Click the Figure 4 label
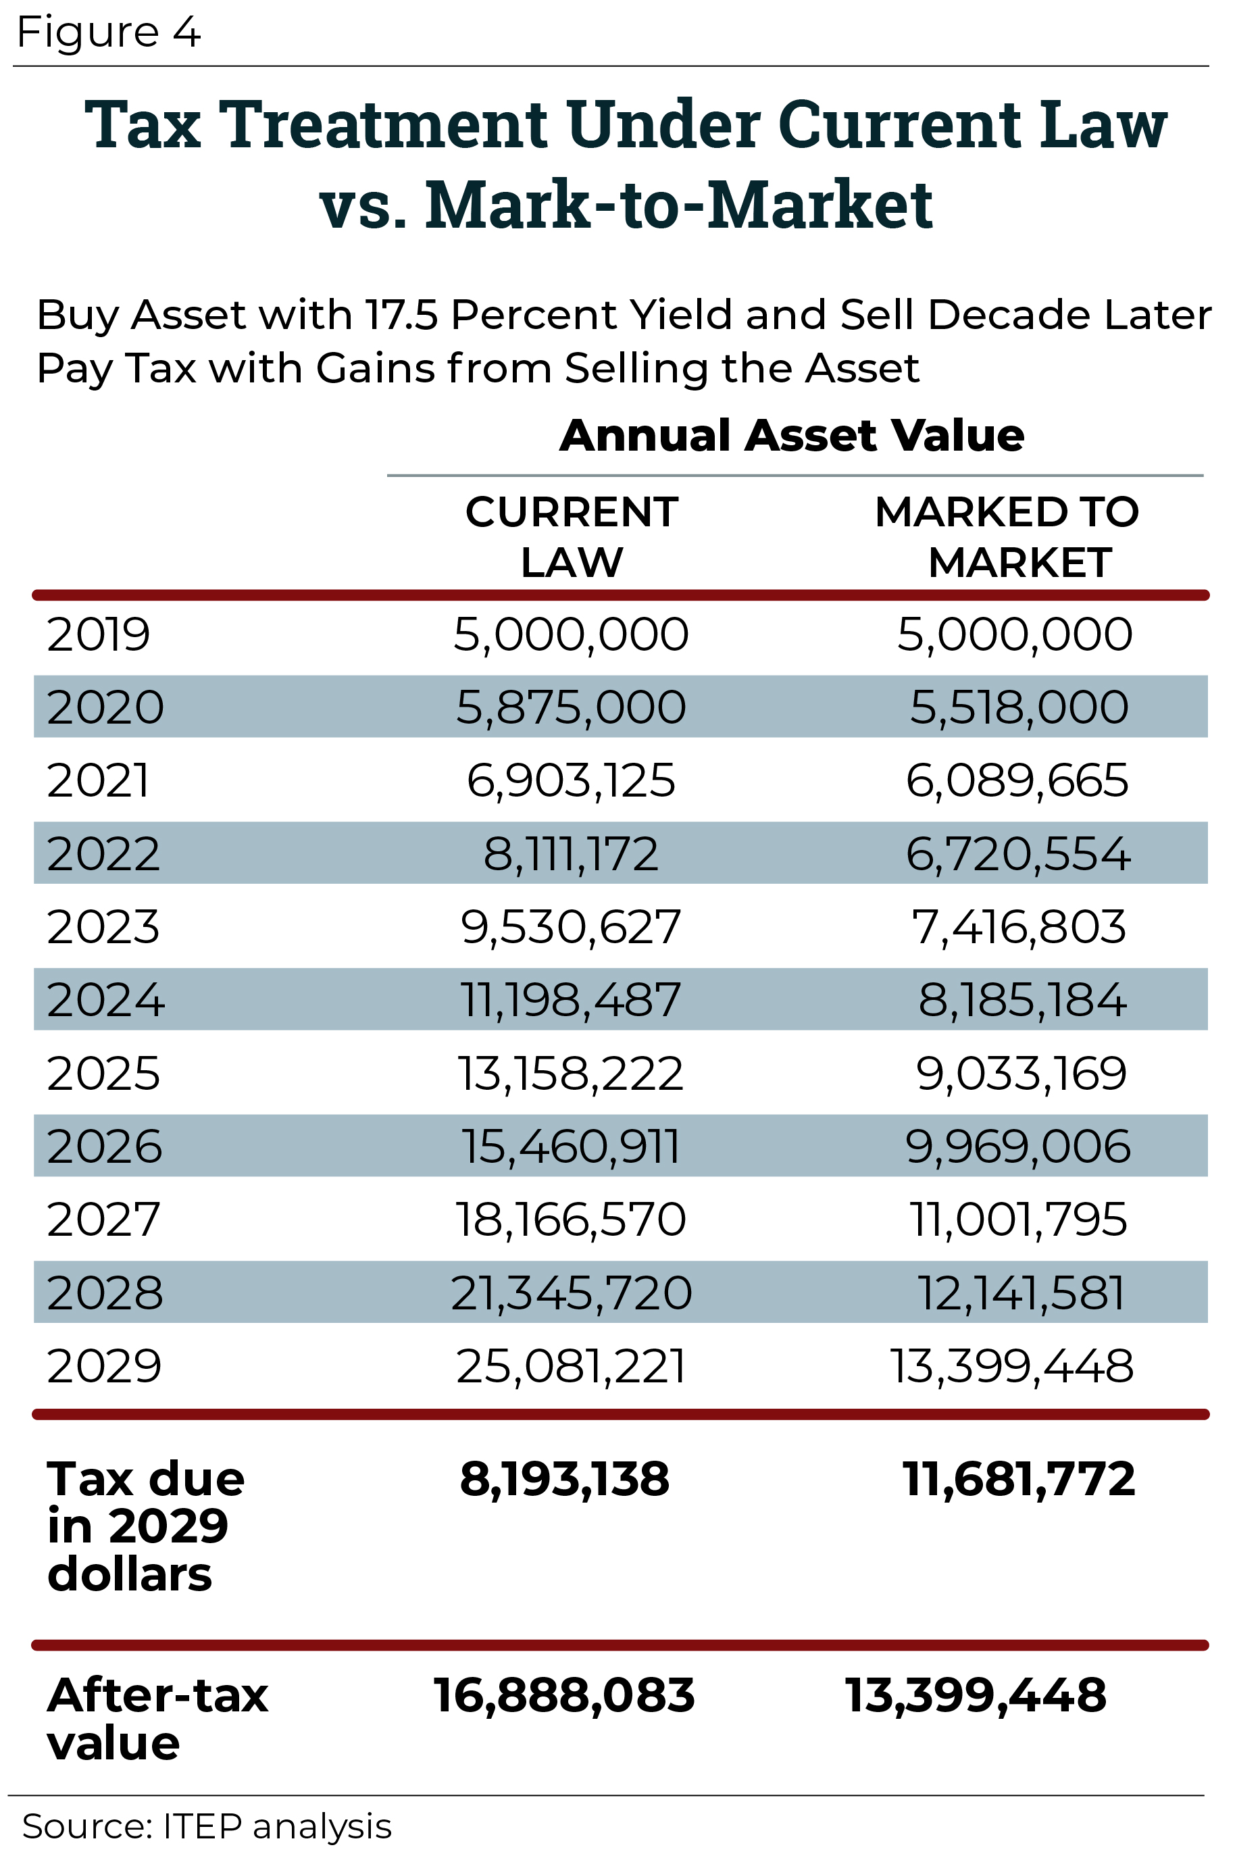(x=109, y=32)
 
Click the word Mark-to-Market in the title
(x=678, y=205)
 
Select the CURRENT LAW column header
(x=571, y=537)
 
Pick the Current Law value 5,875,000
(x=571, y=707)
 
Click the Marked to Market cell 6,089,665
(x=1017, y=780)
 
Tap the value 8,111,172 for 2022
(x=571, y=854)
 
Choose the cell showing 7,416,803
(x=1018, y=927)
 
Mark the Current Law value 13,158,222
(x=571, y=1074)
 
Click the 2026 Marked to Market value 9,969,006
(x=1017, y=1146)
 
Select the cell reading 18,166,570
(x=571, y=1220)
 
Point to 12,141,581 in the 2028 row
(x=1021, y=1292)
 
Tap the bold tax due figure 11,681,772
(x=1018, y=1478)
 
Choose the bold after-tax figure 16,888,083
(x=564, y=1695)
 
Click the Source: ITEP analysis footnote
(x=206, y=1826)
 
